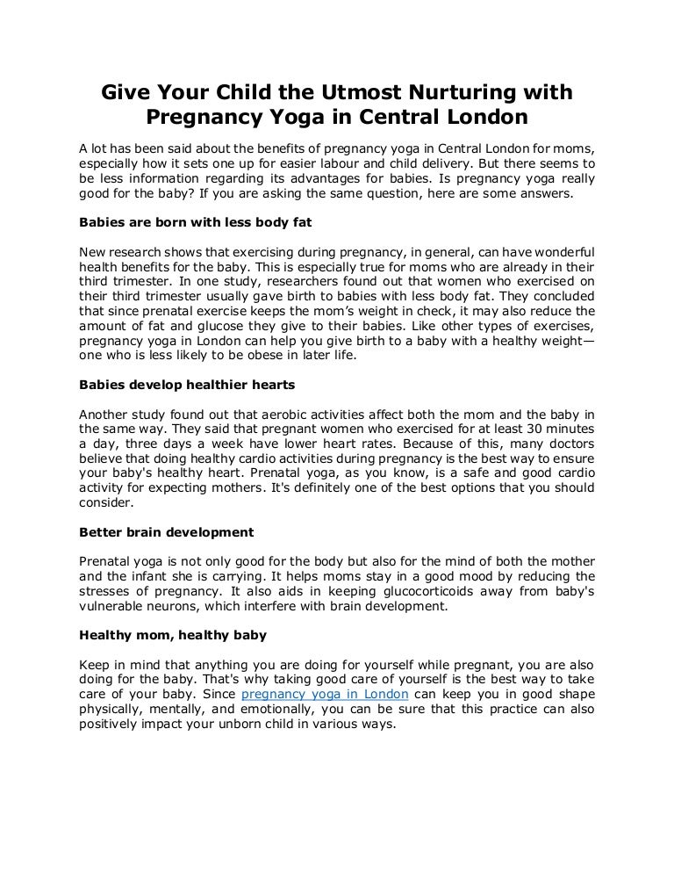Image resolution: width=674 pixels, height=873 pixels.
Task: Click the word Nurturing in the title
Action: pyautogui.click(x=446, y=92)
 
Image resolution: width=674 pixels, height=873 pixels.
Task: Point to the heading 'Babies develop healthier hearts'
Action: pyautogui.click(x=187, y=385)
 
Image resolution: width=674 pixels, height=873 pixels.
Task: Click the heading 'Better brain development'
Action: pyautogui.click(x=167, y=532)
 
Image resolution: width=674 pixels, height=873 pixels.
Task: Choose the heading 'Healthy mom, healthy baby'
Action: pyautogui.click(x=173, y=634)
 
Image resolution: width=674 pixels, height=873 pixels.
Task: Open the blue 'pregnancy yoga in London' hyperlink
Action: pyautogui.click(x=325, y=694)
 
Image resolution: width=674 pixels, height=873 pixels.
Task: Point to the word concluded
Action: pyautogui.click(x=562, y=295)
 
